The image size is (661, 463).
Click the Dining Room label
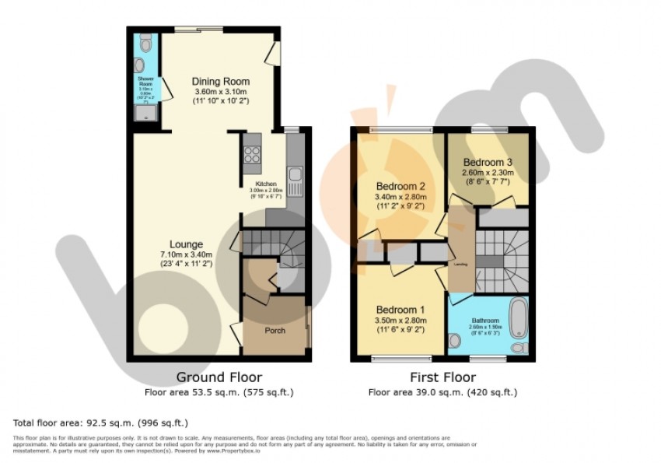coord(221,82)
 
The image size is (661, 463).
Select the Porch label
coord(275,331)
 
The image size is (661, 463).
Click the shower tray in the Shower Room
coord(145,115)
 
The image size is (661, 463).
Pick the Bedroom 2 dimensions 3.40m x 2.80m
coord(400,198)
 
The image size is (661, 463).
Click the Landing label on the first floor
coord(460,263)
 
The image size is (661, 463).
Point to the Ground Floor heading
coord(219,377)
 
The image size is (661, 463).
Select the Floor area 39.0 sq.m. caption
coord(442,392)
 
